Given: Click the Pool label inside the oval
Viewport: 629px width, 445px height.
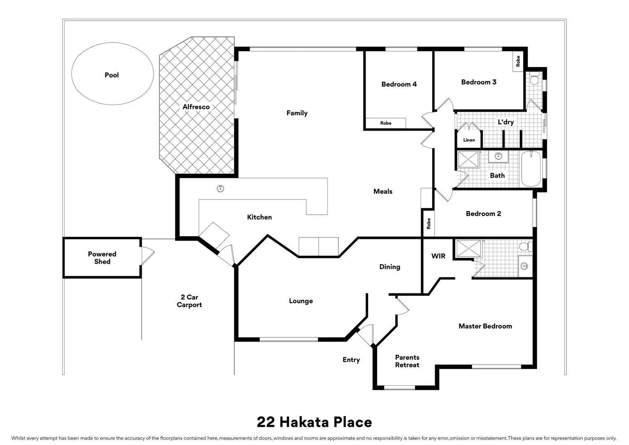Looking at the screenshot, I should pos(112,75).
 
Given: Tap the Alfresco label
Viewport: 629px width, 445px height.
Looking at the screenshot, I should pos(196,107).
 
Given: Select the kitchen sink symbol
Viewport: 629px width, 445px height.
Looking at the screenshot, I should pos(221,189).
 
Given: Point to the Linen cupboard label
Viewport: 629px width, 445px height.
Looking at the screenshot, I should pos(469,140).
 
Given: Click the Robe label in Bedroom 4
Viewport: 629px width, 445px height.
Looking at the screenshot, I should pos(386,123).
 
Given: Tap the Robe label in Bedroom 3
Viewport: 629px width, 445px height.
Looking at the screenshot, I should pos(518,61).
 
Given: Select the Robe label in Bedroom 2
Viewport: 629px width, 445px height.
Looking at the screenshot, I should pos(429,224).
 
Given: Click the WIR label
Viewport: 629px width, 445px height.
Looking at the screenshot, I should pos(438,256).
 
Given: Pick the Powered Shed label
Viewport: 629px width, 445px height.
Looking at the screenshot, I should pos(102,258).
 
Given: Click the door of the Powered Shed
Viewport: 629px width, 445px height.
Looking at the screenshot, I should pos(147,256).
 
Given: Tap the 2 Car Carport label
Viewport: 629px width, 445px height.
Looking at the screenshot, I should pos(189,301).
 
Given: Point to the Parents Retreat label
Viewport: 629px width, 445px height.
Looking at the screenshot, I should pos(407,361).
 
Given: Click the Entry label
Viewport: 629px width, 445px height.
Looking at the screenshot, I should pos(351,360).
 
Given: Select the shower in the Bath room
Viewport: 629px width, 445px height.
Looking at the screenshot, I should pos(468,159).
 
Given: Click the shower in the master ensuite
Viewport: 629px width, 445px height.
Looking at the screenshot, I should pos(468,248).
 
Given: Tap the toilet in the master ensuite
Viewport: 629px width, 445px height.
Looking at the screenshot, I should pos(524,246).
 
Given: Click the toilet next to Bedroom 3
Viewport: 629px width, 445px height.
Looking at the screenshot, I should pos(534,79).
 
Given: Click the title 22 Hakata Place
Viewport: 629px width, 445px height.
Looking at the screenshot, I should pos(314,422).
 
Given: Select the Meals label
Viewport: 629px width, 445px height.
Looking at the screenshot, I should pos(383,191).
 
